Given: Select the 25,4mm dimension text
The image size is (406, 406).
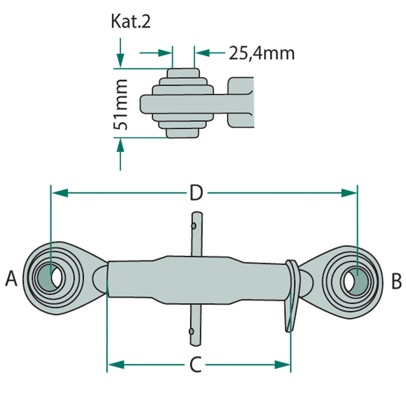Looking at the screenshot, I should tap(261, 53).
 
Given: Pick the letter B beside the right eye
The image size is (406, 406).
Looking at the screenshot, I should tap(397, 280).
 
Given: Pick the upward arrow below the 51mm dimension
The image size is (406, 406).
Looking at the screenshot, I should tap(120, 147).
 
